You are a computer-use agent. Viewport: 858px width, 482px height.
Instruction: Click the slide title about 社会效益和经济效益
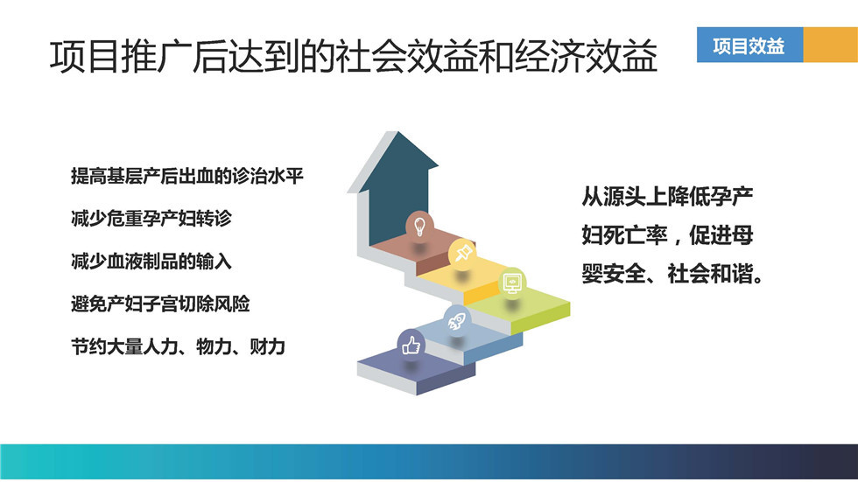(x=354, y=56)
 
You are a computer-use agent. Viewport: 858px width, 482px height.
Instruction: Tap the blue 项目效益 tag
(x=749, y=45)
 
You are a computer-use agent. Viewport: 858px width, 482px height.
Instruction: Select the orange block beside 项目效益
(x=830, y=45)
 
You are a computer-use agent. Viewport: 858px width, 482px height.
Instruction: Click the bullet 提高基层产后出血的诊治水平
(x=187, y=176)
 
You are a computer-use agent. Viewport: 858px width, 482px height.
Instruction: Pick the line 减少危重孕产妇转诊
(x=151, y=219)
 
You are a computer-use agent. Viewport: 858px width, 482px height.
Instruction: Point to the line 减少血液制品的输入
(x=151, y=262)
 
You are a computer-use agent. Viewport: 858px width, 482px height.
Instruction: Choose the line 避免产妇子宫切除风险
(x=160, y=304)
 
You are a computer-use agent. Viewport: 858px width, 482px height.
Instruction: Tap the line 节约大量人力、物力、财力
(x=179, y=346)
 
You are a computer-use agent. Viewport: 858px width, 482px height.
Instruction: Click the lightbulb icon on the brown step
(x=419, y=226)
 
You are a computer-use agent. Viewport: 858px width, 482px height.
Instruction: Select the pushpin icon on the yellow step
(x=462, y=253)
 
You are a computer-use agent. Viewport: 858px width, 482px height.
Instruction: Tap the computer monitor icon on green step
(x=512, y=282)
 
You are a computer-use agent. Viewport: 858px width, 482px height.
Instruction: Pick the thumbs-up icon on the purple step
(x=411, y=345)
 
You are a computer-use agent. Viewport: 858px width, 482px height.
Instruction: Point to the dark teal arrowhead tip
(x=397, y=132)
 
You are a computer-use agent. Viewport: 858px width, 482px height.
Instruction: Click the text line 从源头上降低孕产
(x=667, y=197)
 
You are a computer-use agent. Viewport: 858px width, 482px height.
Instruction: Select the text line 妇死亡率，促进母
(x=667, y=235)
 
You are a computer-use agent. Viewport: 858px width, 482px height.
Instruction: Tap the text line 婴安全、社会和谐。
(x=673, y=273)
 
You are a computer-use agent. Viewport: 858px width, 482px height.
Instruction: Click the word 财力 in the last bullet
(x=268, y=346)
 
